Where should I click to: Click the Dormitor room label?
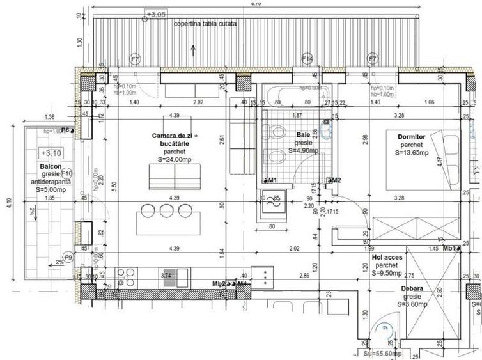[x=412, y=136]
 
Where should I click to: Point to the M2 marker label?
[x=334, y=180]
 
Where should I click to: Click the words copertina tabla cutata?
[x=205, y=24]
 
